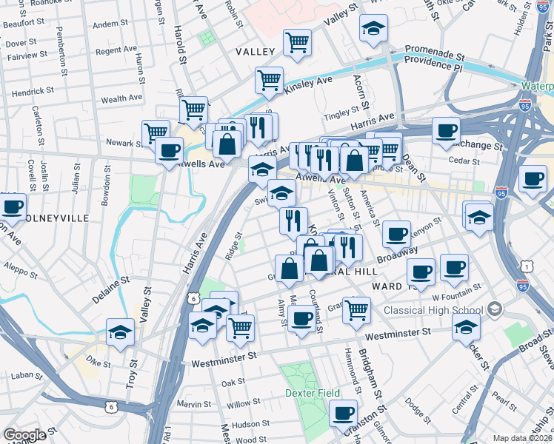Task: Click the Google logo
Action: (x=24, y=435)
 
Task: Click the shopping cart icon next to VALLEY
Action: (x=297, y=41)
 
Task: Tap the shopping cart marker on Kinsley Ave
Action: (x=269, y=79)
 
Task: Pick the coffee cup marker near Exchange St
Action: (x=446, y=130)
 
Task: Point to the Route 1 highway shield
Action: (x=527, y=266)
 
